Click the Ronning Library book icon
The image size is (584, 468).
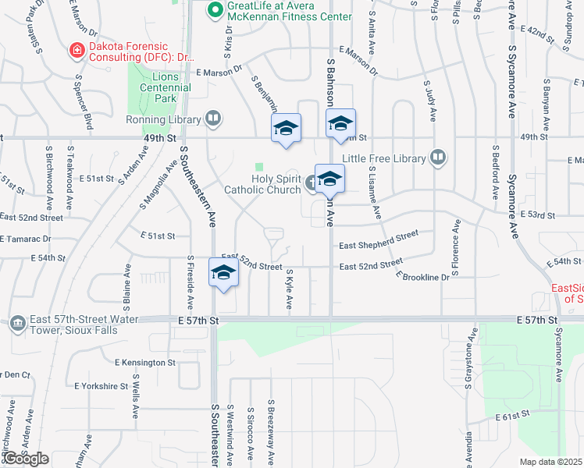point(213,119)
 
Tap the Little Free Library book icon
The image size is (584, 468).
point(438,158)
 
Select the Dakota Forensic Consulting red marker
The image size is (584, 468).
point(77,52)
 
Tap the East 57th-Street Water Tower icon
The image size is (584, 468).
point(18,321)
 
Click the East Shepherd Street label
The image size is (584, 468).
point(379,239)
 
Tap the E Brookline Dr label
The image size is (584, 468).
point(422,276)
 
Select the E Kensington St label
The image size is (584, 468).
point(145,363)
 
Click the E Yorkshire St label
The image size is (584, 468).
point(101,386)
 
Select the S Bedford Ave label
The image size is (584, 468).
point(495,171)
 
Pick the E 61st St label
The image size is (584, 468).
point(513,418)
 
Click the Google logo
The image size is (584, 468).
point(25,459)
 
